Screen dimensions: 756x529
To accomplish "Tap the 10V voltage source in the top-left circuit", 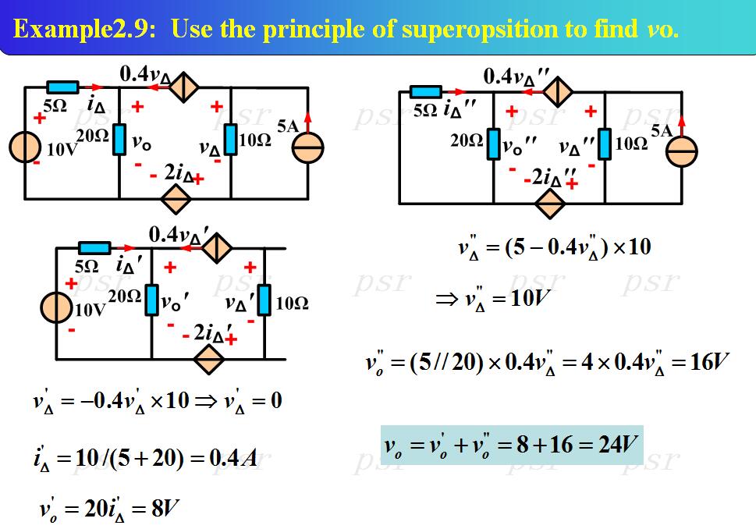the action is pyautogui.click(x=25, y=148).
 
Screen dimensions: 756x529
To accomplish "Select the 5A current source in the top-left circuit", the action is pyautogui.click(x=308, y=148).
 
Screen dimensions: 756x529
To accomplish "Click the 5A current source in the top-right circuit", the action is pyautogui.click(x=682, y=153).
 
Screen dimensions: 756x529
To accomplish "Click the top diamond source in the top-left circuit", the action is pyautogui.click(x=184, y=87).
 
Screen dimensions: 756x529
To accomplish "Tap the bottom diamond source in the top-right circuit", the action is pyautogui.click(x=551, y=204).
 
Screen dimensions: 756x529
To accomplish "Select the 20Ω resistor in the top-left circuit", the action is pyautogui.click(x=119, y=139).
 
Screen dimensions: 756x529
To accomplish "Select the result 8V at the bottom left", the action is pyautogui.click(x=164, y=510).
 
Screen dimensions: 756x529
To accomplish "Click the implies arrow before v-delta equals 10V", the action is pyautogui.click(x=446, y=300).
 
